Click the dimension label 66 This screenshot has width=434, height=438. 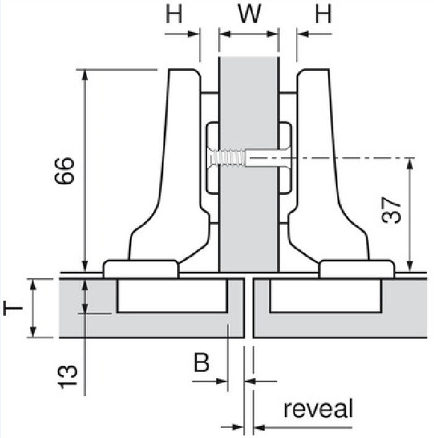(64, 170)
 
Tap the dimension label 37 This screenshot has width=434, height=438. (392, 211)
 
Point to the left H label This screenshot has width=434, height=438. (175, 14)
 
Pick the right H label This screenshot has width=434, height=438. (323, 14)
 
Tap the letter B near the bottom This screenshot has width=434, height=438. (201, 362)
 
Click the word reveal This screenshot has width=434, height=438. (318, 409)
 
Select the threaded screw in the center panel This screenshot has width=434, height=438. (229, 159)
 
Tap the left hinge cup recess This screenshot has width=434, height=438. (171, 296)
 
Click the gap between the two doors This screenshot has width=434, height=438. (249, 309)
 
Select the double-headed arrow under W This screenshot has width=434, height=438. (249, 35)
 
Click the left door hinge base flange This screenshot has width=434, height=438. (141, 268)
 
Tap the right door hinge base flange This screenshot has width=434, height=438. (357, 268)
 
